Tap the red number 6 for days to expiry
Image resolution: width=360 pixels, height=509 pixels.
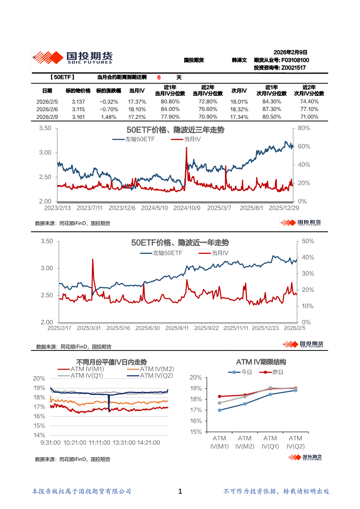point(159,78)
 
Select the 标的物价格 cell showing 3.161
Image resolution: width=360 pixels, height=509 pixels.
point(78,117)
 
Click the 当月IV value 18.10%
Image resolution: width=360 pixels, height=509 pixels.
point(137,109)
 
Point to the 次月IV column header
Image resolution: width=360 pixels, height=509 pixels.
point(238,91)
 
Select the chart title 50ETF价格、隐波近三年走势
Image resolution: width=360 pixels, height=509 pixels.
point(175,130)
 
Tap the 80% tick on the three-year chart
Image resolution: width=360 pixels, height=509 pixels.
point(304,128)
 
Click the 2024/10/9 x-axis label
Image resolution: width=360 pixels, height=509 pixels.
point(187,208)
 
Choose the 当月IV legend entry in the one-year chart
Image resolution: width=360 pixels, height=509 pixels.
point(220,253)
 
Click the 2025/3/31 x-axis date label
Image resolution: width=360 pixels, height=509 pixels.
point(89,328)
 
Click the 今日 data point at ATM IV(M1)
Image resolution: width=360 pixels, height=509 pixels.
point(220,410)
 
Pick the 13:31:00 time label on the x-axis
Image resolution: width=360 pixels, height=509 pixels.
point(123,442)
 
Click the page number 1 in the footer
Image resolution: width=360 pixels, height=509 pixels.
point(180,492)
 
